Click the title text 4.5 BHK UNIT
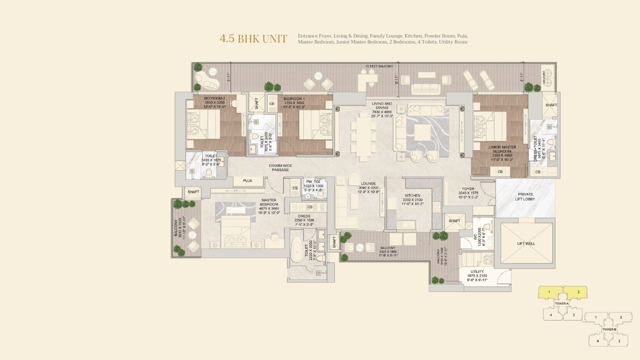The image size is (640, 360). pyautogui.click(x=253, y=39)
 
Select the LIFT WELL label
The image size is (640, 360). pyautogui.click(x=526, y=243)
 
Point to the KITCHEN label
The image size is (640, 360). pyautogui.click(x=412, y=195)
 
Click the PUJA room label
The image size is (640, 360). pyautogui.click(x=247, y=180)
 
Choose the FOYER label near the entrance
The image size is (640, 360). pyautogui.click(x=468, y=189)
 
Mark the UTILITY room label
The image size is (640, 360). pyautogui.click(x=476, y=271)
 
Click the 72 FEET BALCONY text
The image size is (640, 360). pyautogui.click(x=379, y=66)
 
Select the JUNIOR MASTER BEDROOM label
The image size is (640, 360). pyautogui.click(x=502, y=149)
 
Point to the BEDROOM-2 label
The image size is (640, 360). pyautogui.click(x=214, y=98)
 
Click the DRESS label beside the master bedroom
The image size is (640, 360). pyautogui.click(x=303, y=216)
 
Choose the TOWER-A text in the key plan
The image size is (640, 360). pyautogui.click(x=561, y=303)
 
